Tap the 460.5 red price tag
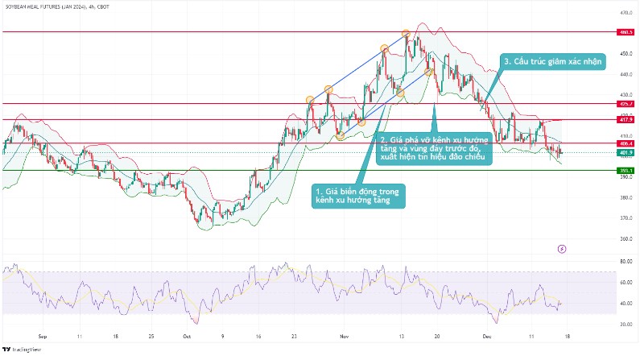tap(625, 32)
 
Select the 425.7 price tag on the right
tap(625, 104)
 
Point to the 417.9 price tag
tap(625, 119)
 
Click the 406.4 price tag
tap(625, 143)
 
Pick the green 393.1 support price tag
tap(625, 171)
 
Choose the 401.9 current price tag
tap(625, 152)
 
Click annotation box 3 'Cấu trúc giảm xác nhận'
tap(555, 60)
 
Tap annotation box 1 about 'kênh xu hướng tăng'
tap(358, 196)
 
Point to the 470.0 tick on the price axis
tap(625, 13)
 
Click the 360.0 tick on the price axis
tap(625, 239)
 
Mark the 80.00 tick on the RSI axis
tap(626, 262)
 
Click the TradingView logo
tap(23, 350)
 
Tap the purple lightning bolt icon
tap(561, 250)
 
